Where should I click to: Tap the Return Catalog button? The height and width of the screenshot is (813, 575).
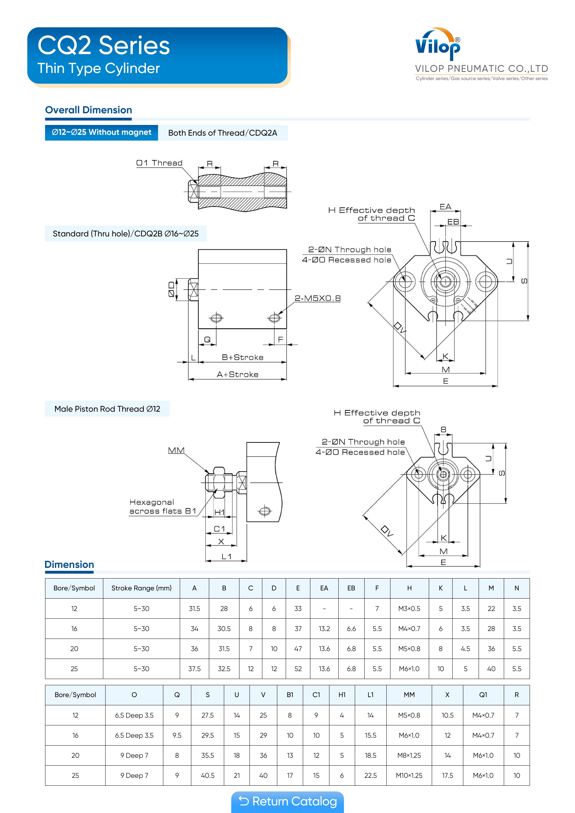pos(287,801)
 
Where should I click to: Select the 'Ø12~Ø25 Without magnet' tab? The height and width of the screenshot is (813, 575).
pos(101,133)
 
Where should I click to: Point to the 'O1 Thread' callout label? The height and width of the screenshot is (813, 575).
pos(159,163)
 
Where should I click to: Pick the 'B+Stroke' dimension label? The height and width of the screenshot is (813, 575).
pos(243,357)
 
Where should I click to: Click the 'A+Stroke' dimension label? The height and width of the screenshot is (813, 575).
pos(238,374)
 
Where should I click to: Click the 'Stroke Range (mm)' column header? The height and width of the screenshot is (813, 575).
pos(141,588)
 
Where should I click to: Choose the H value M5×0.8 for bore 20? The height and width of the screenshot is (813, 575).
pos(409,649)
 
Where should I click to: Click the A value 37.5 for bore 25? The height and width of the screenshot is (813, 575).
pos(194,669)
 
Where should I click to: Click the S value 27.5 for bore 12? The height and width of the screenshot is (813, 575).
pos(208,715)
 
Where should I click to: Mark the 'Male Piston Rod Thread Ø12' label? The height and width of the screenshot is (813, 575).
pos(107,409)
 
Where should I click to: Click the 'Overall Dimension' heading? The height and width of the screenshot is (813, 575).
pos(89,110)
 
